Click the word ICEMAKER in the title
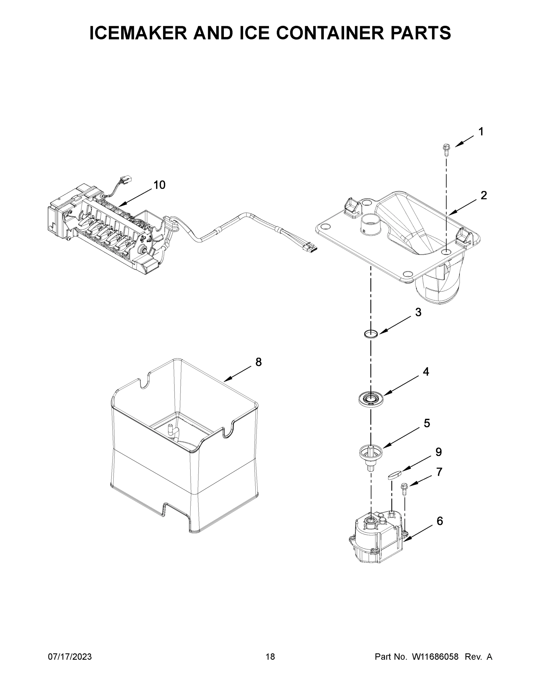click(138, 33)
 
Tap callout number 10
click(159, 185)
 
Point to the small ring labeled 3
click(371, 334)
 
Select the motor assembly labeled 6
click(376, 540)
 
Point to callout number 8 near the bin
click(259, 362)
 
